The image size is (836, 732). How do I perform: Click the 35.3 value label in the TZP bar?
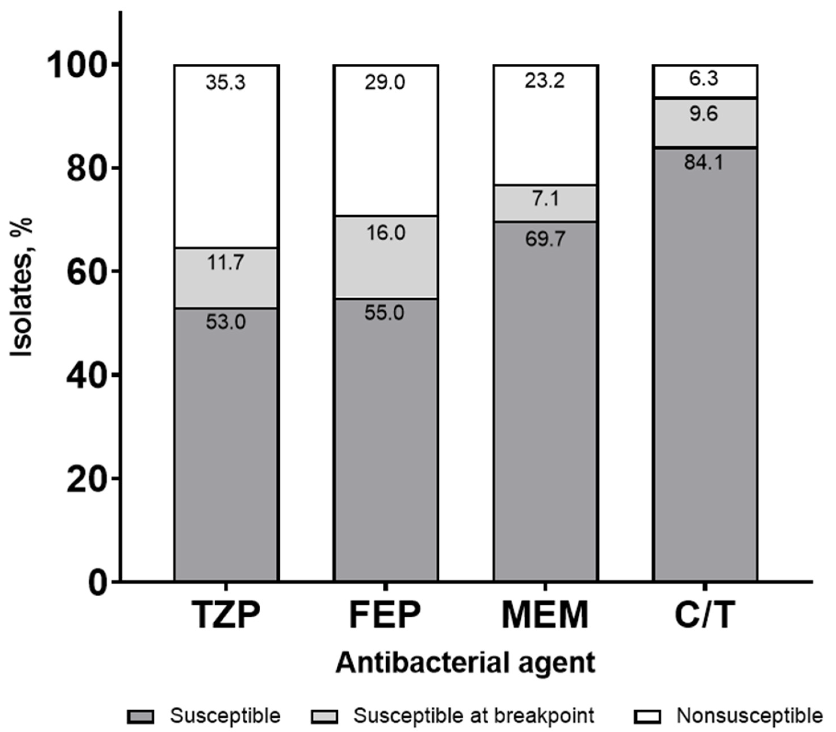(x=226, y=83)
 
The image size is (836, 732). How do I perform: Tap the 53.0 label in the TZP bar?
(x=226, y=322)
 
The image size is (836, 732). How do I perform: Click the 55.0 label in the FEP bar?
(x=385, y=313)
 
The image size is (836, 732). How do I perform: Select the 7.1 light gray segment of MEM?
(x=545, y=203)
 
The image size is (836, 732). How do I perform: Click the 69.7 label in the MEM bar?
(x=545, y=239)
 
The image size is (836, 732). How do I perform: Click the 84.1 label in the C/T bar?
(x=704, y=163)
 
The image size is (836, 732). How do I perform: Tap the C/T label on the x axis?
(x=704, y=616)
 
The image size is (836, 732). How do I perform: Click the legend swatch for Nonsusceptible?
(x=647, y=716)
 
